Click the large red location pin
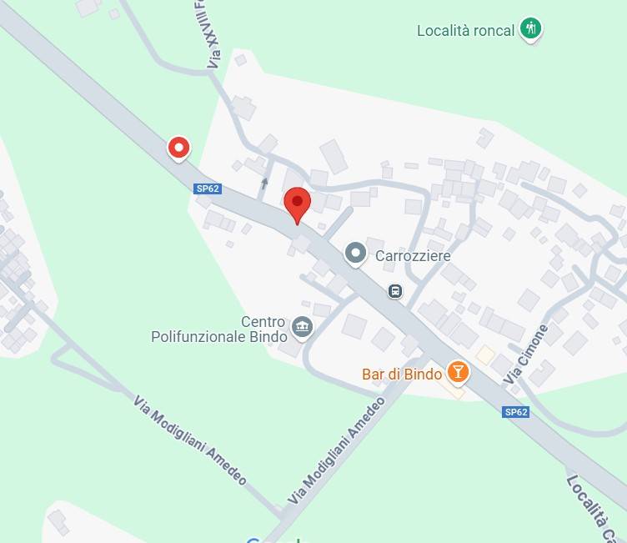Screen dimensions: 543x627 (x=298, y=203)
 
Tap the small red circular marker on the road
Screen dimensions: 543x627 (x=178, y=148)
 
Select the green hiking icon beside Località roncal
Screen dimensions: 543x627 (x=531, y=29)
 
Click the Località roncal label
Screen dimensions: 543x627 (x=466, y=32)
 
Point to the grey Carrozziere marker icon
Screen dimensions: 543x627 (x=356, y=253)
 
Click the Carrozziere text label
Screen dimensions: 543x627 (x=413, y=256)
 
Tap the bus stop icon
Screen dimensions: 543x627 (x=395, y=291)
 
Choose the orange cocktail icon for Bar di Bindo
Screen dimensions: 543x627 (x=457, y=371)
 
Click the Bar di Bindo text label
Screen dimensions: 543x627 (x=402, y=375)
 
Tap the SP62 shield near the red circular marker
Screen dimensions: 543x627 (x=208, y=189)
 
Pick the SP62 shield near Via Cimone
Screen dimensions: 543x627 (x=516, y=412)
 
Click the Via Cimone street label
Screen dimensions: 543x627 (x=526, y=354)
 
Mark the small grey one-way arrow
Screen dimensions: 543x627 (x=264, y=183)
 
